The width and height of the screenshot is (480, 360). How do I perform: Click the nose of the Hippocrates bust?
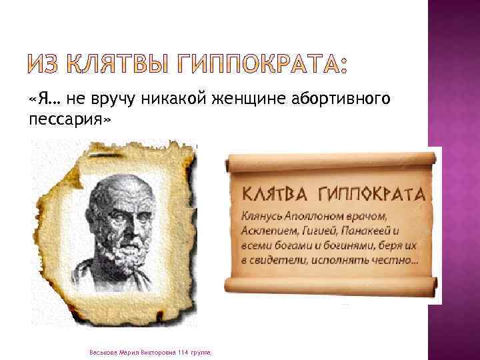point(123,222)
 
